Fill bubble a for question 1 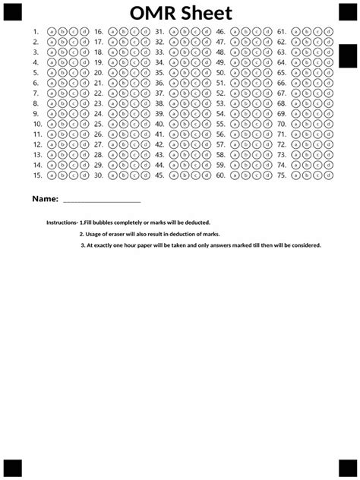[51, 32]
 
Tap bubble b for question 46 [245, 32]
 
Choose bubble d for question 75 [327, 175]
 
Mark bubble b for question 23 [123, 103]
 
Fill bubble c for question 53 [255, 103]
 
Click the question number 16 [99, 32]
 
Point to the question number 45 [159, 175]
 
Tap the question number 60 [220, 175]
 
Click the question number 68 [282, 103]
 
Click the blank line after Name [101, 201]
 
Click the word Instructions [62, 223]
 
